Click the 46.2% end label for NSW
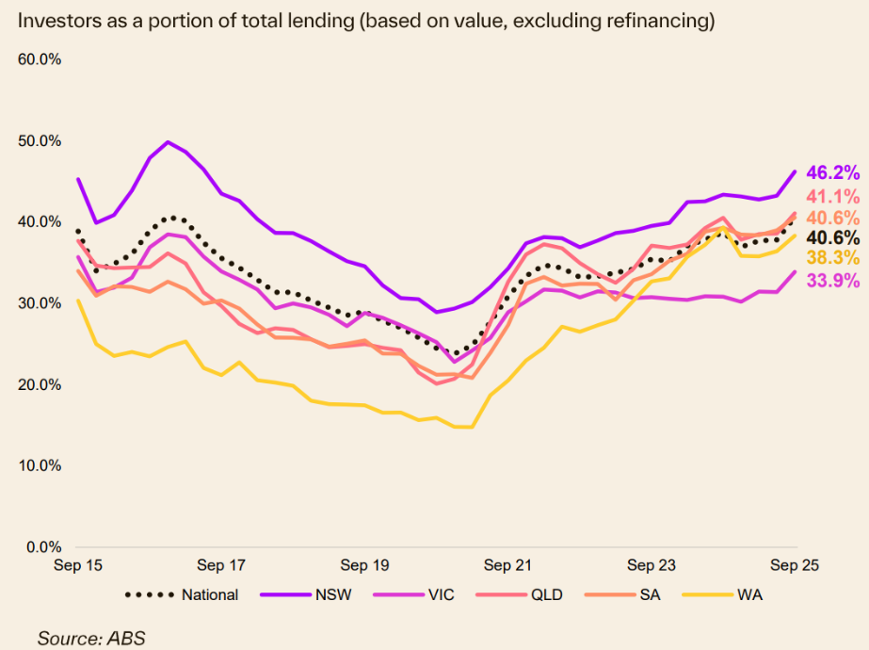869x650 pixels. [x=833, y=172]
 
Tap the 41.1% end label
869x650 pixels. [x=833, y=197]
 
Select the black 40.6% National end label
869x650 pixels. [x=833, y=237]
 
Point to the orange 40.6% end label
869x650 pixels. [x=833, y=217]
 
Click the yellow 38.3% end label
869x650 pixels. [x=833, y=258]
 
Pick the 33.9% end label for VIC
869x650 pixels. [x=833, y=280]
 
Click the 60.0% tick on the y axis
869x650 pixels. [x=40, y=59]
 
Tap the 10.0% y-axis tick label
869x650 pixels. [x=40, y=465]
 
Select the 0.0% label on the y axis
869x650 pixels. [x=42, y=546]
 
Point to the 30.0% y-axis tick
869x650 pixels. [x=40, y=303]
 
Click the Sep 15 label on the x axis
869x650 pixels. [x=78, y=566]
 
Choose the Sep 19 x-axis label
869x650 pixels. [x=365, y=566]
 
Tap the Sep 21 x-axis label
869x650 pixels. [x=508, y=566]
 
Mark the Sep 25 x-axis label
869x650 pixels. [x=796, y=566]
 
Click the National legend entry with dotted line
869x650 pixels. [x=182, y=594]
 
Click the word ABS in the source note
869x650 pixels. [x=127, y=638]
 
